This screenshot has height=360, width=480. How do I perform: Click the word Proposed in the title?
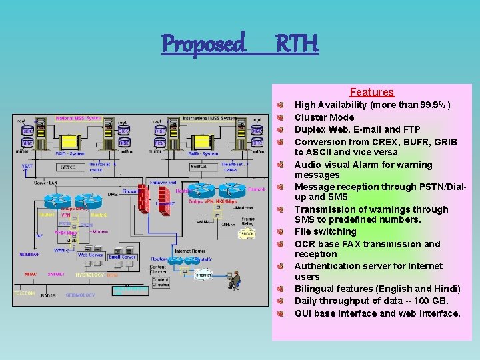[x=204, y=44]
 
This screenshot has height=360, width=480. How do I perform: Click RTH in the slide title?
[x=297, y=44]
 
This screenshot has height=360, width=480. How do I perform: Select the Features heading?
[x=371, y=93]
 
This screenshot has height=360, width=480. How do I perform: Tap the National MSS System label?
[x=78, y=119]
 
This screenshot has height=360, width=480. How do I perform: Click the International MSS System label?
[x=209, y=119]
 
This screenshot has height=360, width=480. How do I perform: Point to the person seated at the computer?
[x=234, y=280]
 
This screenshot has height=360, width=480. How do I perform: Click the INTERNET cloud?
[x=203, y=275]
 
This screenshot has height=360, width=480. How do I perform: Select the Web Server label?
[x=90, y=255]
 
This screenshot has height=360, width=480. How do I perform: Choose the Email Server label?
[x=122, y=257]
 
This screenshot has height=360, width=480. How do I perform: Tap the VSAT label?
[x=27, y=166]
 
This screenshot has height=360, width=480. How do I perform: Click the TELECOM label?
[x=25, y=293]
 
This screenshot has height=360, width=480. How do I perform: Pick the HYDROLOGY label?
[x=89, y=275]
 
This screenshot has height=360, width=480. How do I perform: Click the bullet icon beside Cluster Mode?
[x=282, y=117]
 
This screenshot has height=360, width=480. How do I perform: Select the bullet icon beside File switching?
[x=282, y=231]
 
